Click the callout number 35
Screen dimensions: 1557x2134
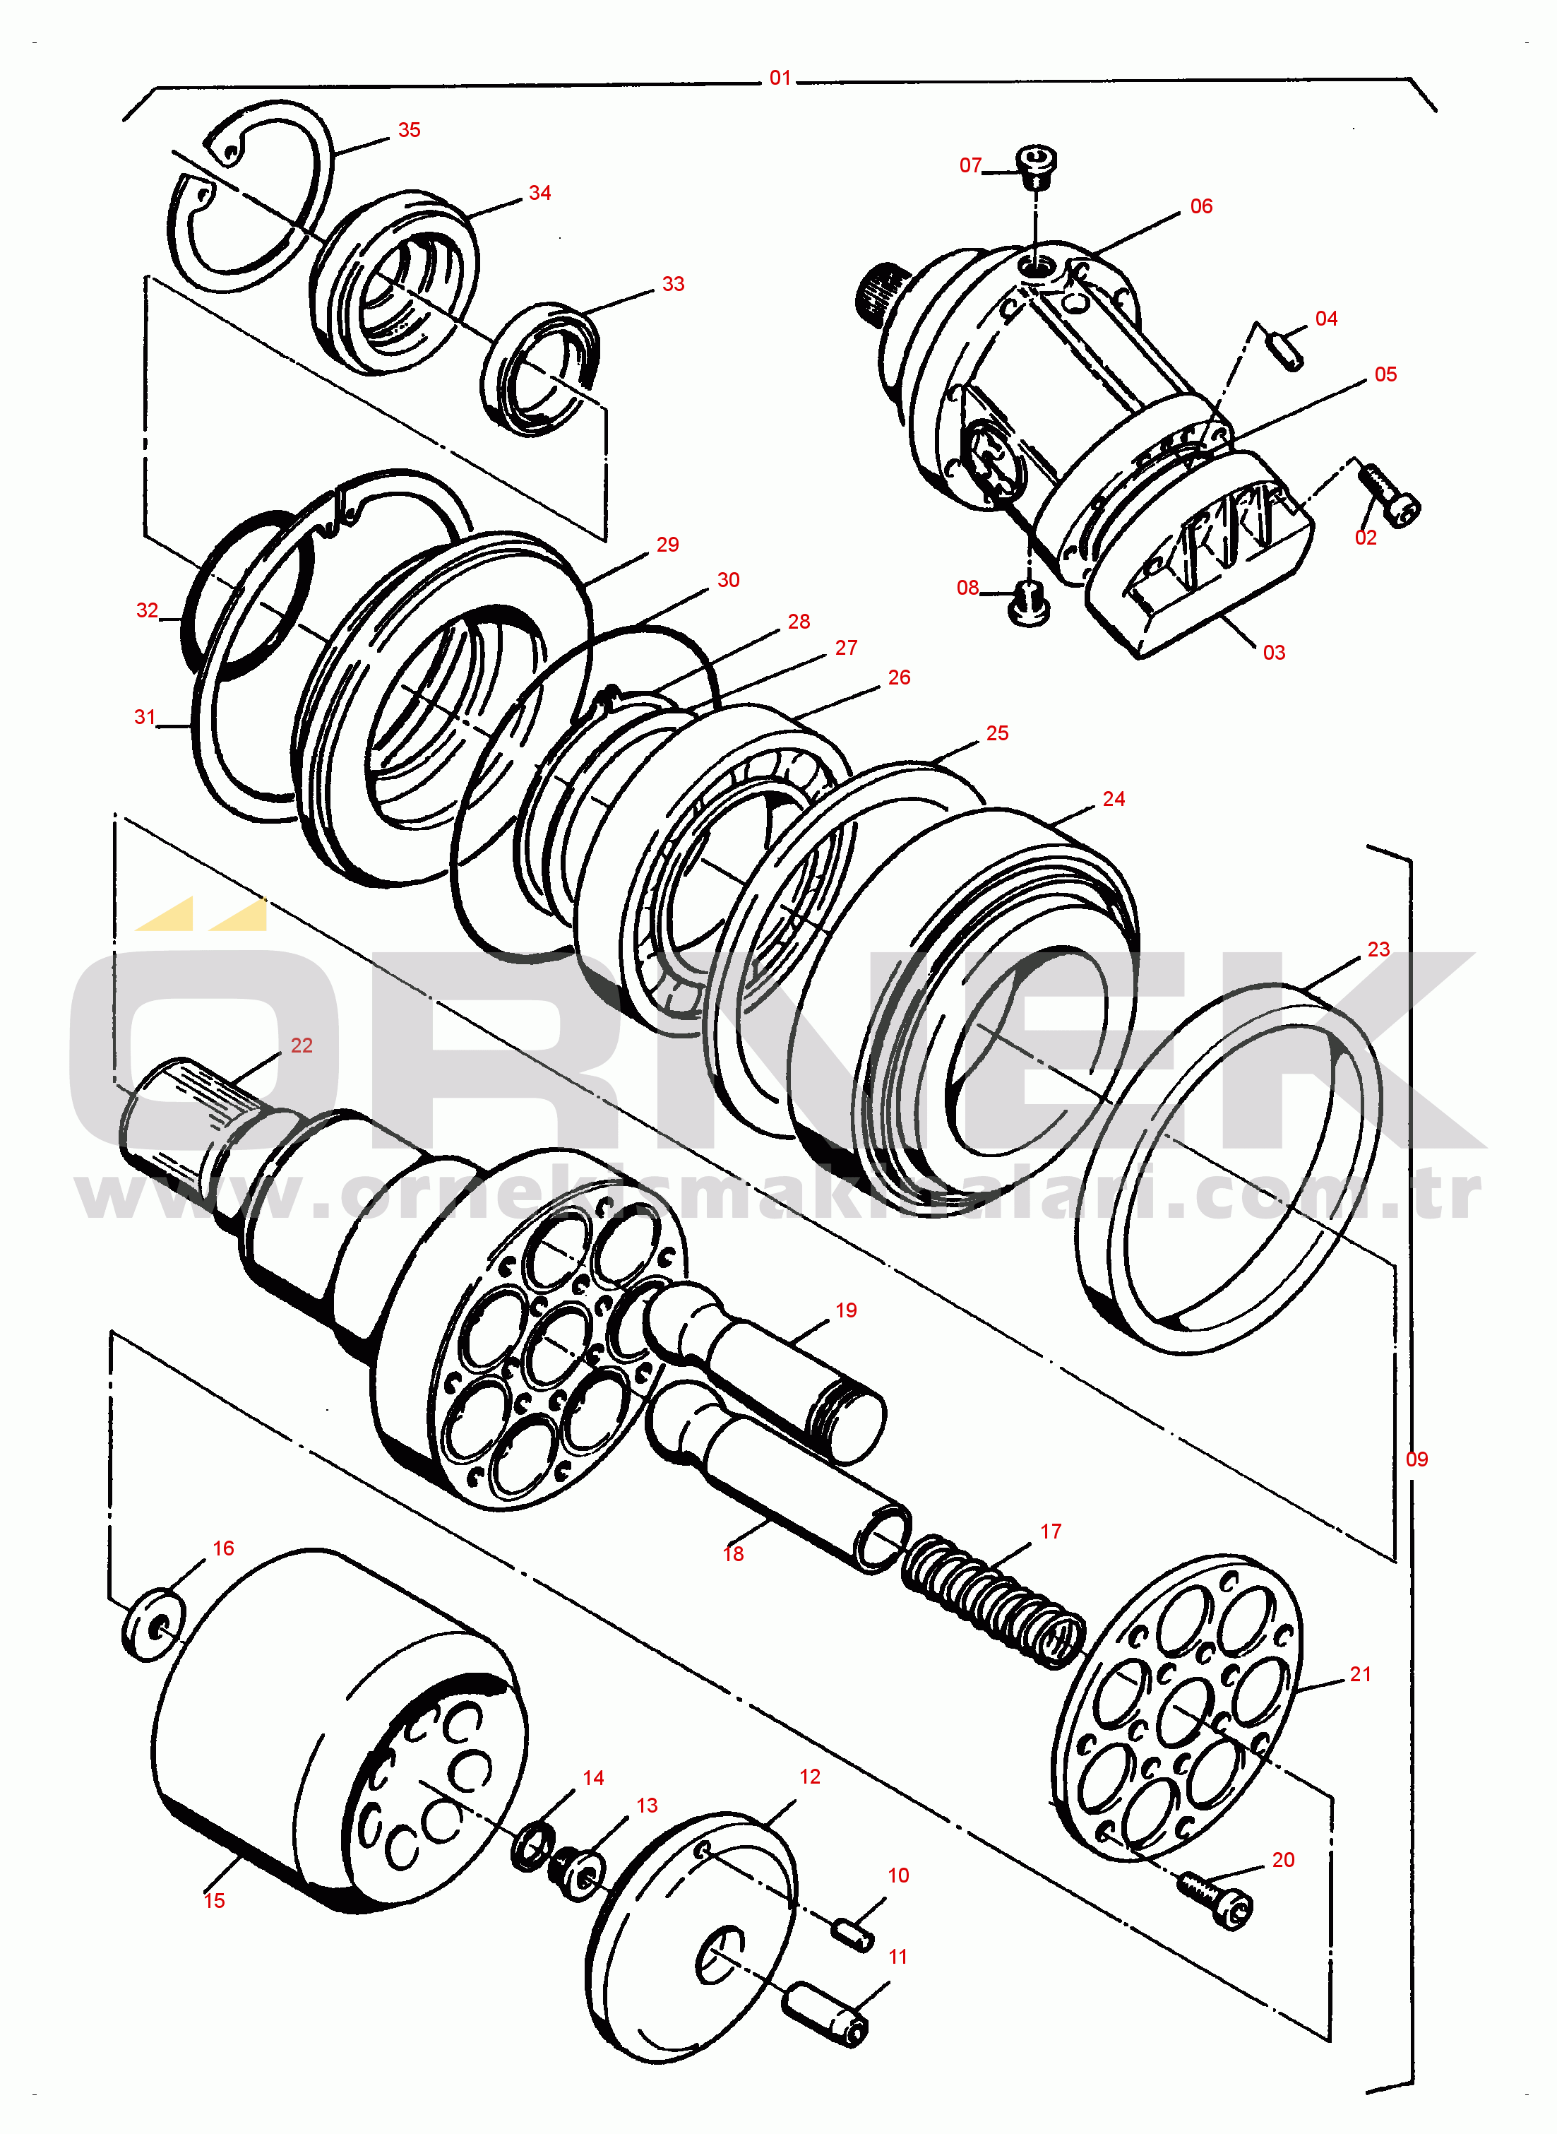pyautogui.click(x=409, y=130)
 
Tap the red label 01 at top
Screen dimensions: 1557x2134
pyautogui.click(x=780, y=78)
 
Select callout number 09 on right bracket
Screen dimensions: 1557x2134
pyautogui.click(x=1416, y=1459)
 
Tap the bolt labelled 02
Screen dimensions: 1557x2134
pyautogui.click(x=1390, y=496)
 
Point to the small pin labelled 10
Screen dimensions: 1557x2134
pyautogui.click(x=852, y=1936)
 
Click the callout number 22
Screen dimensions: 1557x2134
pyautogui.click(x=302, y=1045)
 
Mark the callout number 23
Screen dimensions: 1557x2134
pyautogui.click(x=1378, y=949)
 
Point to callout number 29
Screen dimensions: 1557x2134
pyautogui.click(x=667, y=545)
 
